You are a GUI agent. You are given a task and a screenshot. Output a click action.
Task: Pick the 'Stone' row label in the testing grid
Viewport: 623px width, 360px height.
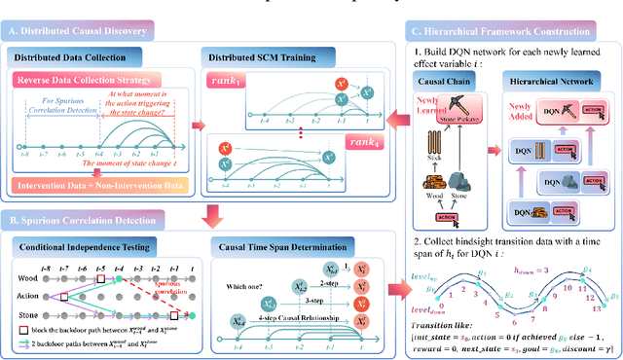click(x=26, y=314)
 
